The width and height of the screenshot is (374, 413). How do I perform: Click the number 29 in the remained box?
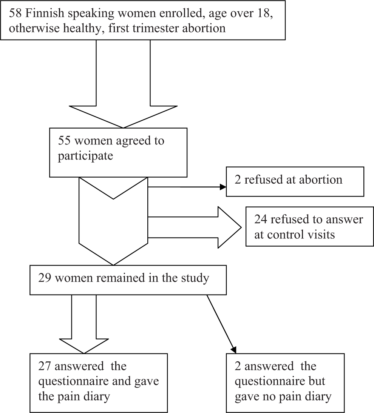point(46,279)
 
